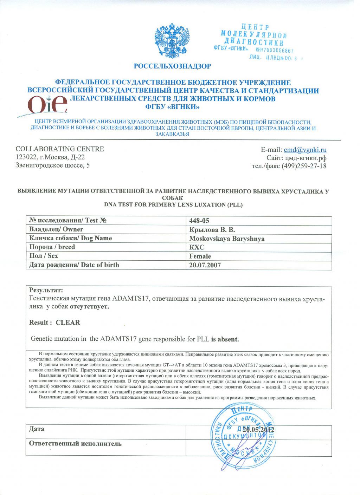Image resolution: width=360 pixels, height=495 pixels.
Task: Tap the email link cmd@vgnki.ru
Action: click(x=305, y=150)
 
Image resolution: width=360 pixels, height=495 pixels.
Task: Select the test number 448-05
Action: click(x=199, y=221)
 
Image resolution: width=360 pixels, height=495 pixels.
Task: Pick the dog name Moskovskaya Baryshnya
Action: click(x=227, y=239)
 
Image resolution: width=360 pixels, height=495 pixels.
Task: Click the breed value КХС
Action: click(x=197, y=247)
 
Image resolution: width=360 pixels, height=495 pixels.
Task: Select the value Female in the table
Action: click(x=200, y=256)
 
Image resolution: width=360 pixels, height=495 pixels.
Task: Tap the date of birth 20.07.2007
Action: click(x=205, y=265)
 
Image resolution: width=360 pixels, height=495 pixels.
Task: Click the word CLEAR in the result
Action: click(x=68, y=323)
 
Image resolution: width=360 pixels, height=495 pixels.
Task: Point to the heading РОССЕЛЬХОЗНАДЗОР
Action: click(x=172, y=66)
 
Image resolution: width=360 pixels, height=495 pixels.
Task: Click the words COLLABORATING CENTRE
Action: click(x=60, y=149)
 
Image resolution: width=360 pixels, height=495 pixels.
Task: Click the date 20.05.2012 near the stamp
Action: click(x=258, y=430)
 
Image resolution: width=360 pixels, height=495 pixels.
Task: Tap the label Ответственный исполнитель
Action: click(x=75, y=444)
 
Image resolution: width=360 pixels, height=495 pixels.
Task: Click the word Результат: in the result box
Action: click(x=46, y=290)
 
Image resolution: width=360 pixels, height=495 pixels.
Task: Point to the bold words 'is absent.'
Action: click(x=225, y=339)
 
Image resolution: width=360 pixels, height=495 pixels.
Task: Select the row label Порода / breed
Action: click(x=52, y=247)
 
